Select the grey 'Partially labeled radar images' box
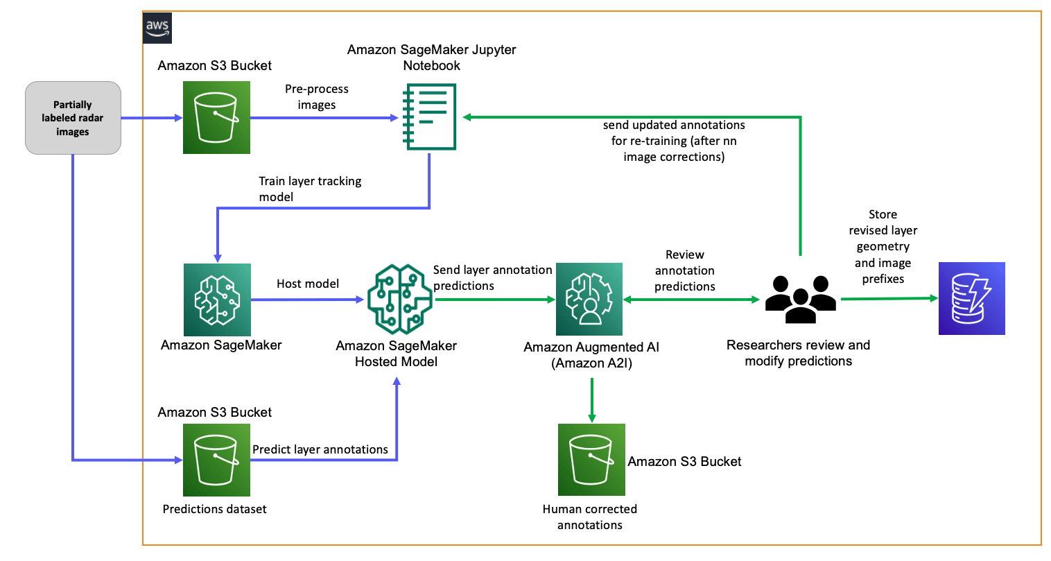point(73,118)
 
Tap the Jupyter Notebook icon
point(430,116)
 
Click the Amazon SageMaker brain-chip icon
point(217,300)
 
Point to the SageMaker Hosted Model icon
point(399,299)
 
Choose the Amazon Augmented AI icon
point(589,299)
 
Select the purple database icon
point(971,299)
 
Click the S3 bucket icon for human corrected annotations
point(591,460)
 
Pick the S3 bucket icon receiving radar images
point(216,117)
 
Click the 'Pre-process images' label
point(317,97)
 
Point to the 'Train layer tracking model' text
point(310,189)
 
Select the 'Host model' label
point(308,284)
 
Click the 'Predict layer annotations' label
point(320,449)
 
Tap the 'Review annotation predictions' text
point(684,271)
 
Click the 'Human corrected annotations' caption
point(590,517)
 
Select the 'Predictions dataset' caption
point(214,509)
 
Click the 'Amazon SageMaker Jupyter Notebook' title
point(431,58)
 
